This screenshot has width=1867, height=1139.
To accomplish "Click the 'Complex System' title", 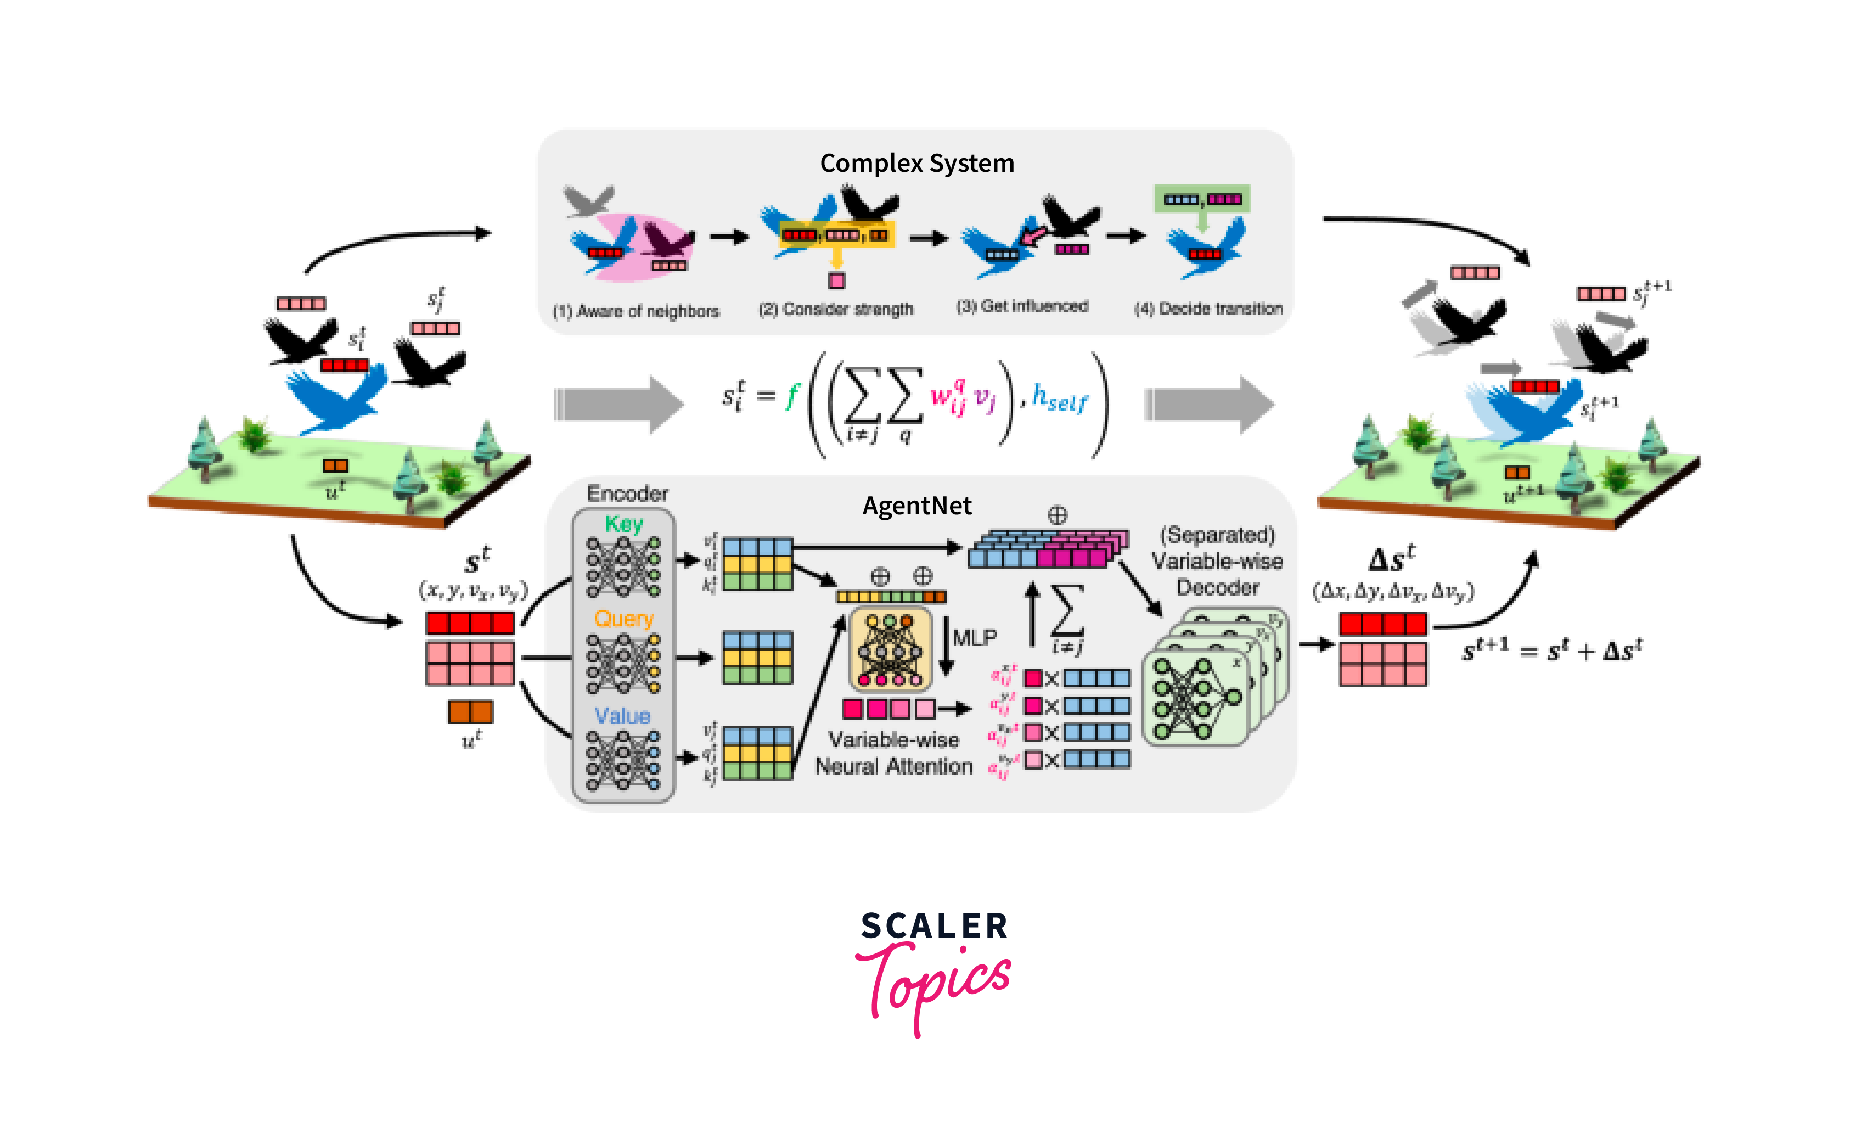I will click(917, 163).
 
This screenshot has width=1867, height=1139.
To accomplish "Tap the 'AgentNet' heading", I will click(917, 506).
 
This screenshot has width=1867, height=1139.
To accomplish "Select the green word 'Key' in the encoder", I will click(623, 524).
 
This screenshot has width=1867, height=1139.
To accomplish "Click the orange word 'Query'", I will click(623, 619).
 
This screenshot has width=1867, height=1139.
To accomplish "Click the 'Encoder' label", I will click(627, 494).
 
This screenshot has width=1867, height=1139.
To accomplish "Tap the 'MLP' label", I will click(975, 638).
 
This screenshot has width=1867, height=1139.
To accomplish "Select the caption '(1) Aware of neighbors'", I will click(636, 311).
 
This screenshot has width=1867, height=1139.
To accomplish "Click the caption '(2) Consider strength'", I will click(836, 309).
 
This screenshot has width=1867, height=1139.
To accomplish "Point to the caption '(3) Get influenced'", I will click(1022, 306).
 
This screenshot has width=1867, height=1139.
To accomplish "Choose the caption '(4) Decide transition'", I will click(1208, 308).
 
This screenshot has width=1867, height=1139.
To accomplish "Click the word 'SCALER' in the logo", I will click(933, 926).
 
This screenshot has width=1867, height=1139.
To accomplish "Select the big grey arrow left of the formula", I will click(617, 404).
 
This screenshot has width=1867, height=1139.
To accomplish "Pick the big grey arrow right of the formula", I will click(1208, 404).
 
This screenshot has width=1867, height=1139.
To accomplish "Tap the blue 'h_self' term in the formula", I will click(1059, 399).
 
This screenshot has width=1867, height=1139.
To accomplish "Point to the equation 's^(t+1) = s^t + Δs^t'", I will click(1552, 650).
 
